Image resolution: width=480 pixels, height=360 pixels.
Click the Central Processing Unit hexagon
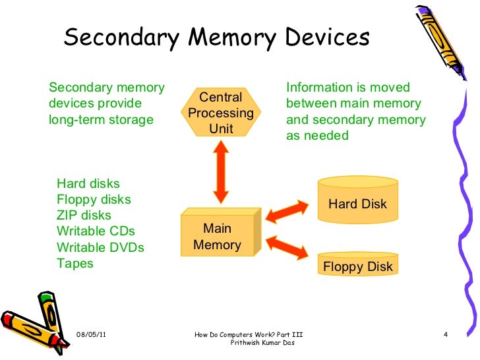[x=221, y=113]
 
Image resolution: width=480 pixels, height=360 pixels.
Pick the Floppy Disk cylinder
[x=357, y=265]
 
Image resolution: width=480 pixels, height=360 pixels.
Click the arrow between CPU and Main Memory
[x=221, y=171]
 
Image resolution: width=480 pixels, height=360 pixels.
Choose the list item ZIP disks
[x=84, y=216]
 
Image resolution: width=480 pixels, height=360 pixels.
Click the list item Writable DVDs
[x=100, y=248]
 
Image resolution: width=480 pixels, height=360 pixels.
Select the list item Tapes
[x=75, y=264]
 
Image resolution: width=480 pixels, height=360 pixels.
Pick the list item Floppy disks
[x=94, y=199]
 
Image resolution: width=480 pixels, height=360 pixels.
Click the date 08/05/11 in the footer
[x=92, y=336]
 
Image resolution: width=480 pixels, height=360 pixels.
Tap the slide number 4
[x=446, y=336]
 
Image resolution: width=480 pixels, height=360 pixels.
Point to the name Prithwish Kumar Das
[x=263, y=344]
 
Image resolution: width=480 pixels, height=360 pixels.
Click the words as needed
[x=316, y=136]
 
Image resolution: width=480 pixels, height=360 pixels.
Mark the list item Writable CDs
[x=96, y=231]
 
